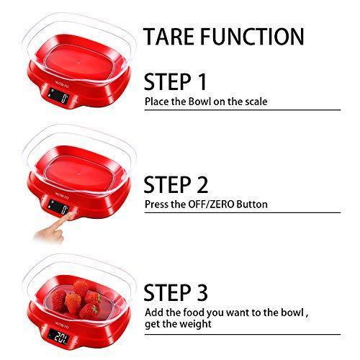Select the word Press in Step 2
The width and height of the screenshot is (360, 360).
tap(156, 204)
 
